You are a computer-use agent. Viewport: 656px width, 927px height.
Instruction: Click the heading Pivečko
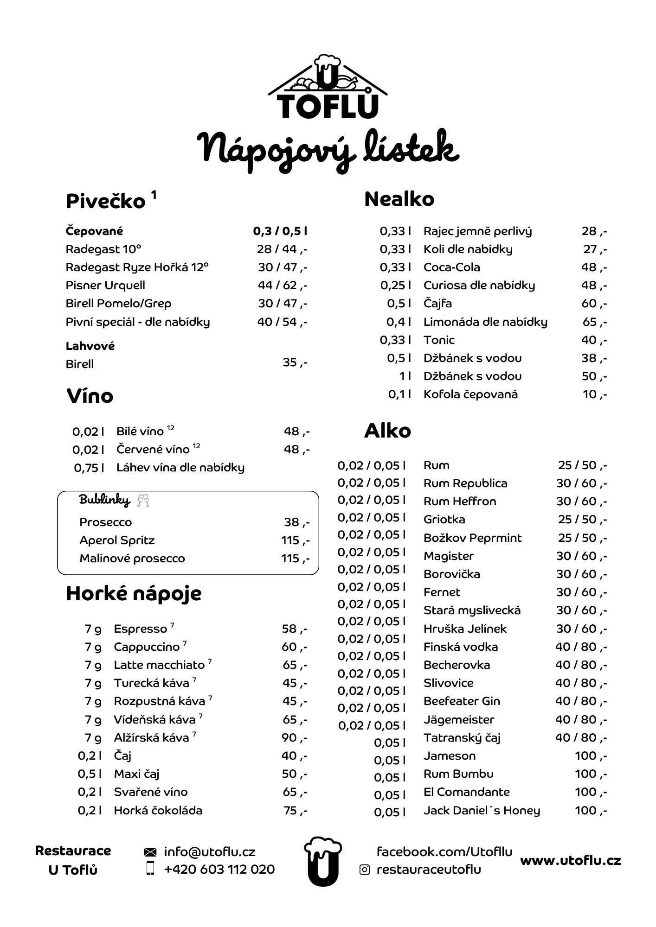[106, 201]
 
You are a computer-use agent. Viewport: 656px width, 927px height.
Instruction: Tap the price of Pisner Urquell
[282, 286]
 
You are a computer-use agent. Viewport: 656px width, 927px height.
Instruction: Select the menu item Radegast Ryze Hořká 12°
[137, 267]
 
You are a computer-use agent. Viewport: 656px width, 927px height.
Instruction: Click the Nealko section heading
[399, 199]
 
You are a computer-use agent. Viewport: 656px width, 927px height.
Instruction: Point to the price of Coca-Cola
[594, 267]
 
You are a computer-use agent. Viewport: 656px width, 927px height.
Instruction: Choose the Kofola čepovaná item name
[470, 394]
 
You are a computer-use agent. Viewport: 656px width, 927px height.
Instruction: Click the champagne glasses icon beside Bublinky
[144, 501]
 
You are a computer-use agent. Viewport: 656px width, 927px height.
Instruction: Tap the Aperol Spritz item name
[117, 540]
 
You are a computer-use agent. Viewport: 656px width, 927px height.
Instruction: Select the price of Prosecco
[296, 522]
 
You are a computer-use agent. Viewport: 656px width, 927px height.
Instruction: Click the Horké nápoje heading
[134, 594]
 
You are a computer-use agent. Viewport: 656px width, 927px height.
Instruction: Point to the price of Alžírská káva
[294, 737]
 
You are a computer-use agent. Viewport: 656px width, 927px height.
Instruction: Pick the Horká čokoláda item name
[158, 810]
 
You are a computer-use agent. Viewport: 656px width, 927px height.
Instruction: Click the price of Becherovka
[581, 665]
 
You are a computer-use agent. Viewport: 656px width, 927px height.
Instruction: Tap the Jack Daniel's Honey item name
[482, 810]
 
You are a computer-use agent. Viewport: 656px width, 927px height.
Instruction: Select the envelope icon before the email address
[150, 852]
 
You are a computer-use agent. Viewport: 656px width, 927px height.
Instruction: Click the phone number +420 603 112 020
[219, 869]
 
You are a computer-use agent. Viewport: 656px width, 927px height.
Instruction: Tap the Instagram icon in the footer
[365, 870]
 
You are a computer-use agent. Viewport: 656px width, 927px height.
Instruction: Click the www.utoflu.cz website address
[570, 861]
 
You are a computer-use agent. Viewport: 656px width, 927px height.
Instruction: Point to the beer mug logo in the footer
[323, 861]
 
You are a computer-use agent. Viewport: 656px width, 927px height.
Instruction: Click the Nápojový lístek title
[328, 149]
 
